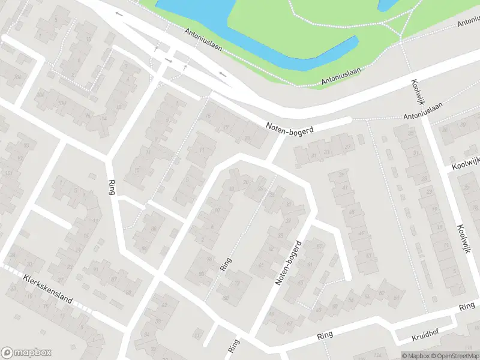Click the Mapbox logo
click(x=26, y=353)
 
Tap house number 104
click(x=40, y=95)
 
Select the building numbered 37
click(x=347, y=146)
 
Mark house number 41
click(x=345, y=188)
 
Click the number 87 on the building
click(x=113, y=279)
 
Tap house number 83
click(x=128, y=292)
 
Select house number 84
click(x=143, y=248)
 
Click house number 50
click(x=396, y=298)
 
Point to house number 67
click(x=289, y=324)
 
